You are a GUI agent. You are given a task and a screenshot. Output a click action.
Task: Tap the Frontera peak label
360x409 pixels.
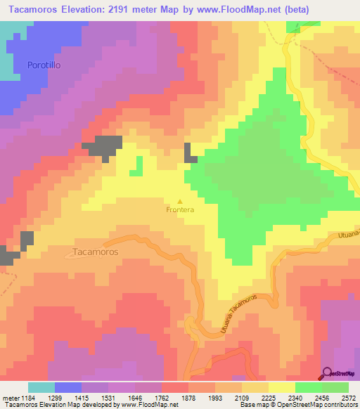(179, 209)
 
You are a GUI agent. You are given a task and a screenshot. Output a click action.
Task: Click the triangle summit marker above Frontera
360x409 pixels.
(179, 200)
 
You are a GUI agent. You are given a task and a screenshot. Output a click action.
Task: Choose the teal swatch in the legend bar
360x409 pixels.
(41, 387)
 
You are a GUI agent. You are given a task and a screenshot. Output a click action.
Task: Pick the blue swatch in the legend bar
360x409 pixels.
(68, 387)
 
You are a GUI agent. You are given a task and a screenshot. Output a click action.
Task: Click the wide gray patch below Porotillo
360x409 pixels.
(103, 145)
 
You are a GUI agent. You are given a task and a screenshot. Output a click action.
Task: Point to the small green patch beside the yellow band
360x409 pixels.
(137, 166)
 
